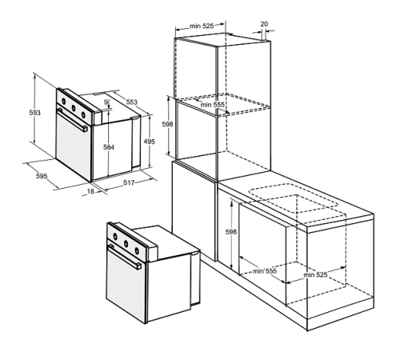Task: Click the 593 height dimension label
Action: pos(35,113)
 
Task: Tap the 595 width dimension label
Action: pos(42,176)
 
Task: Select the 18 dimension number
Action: pos(90,191)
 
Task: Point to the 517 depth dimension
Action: pos(129,182)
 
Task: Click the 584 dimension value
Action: pos(109,147)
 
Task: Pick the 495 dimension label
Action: pos(150,142)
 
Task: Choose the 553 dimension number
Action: pos(132,102)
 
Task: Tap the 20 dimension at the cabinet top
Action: pos(264,24)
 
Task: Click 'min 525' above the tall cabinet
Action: pos(202,26)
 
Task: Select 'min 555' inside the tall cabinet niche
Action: pos(213,105)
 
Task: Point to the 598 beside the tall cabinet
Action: pos(167,124)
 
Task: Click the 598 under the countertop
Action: pos(231,232)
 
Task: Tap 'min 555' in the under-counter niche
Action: pos(265,271)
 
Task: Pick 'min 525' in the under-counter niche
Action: pos(315,274)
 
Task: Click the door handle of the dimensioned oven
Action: pos(73,120)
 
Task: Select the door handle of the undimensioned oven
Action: pos(125,257)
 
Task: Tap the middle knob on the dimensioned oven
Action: pos(74,108)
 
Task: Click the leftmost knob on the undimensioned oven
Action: pos(115,236)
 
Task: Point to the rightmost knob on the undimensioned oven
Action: pos(137,250)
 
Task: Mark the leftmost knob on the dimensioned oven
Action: pos(64,101)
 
